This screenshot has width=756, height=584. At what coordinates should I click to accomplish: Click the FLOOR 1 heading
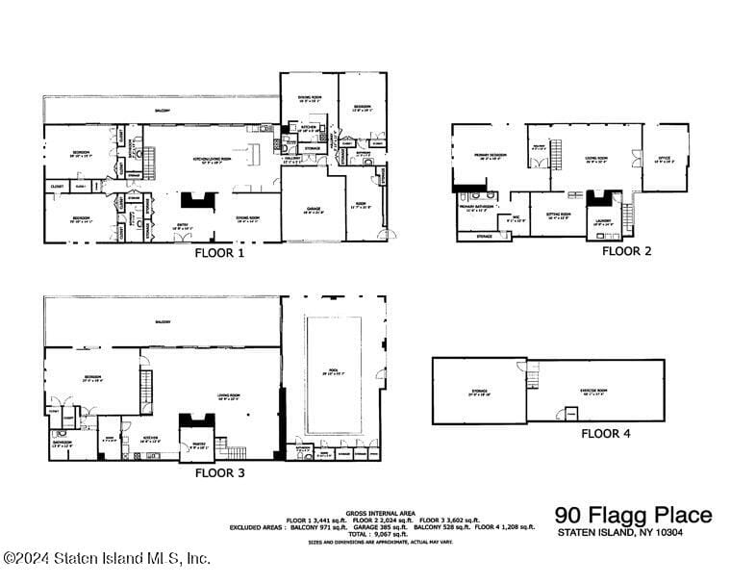pos(220,255)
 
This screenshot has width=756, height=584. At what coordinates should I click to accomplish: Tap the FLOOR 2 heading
pos(627,251)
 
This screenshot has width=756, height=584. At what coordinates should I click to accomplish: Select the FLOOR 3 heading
pos(220,472)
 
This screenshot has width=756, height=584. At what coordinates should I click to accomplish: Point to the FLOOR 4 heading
pos(606,434)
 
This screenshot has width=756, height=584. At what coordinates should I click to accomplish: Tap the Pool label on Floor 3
pos(334,370)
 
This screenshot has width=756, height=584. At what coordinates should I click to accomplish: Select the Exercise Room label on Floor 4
pos(593,391)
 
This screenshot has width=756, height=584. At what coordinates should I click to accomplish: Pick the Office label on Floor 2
pos(664,158)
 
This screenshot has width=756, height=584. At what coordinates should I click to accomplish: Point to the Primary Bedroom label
pos(490,156)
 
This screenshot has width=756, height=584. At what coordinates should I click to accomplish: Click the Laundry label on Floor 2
pos(603,220)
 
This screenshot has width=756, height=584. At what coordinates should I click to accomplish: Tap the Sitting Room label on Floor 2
pos(559,216)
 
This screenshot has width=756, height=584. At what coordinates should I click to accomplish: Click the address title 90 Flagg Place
pos(633,515)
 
